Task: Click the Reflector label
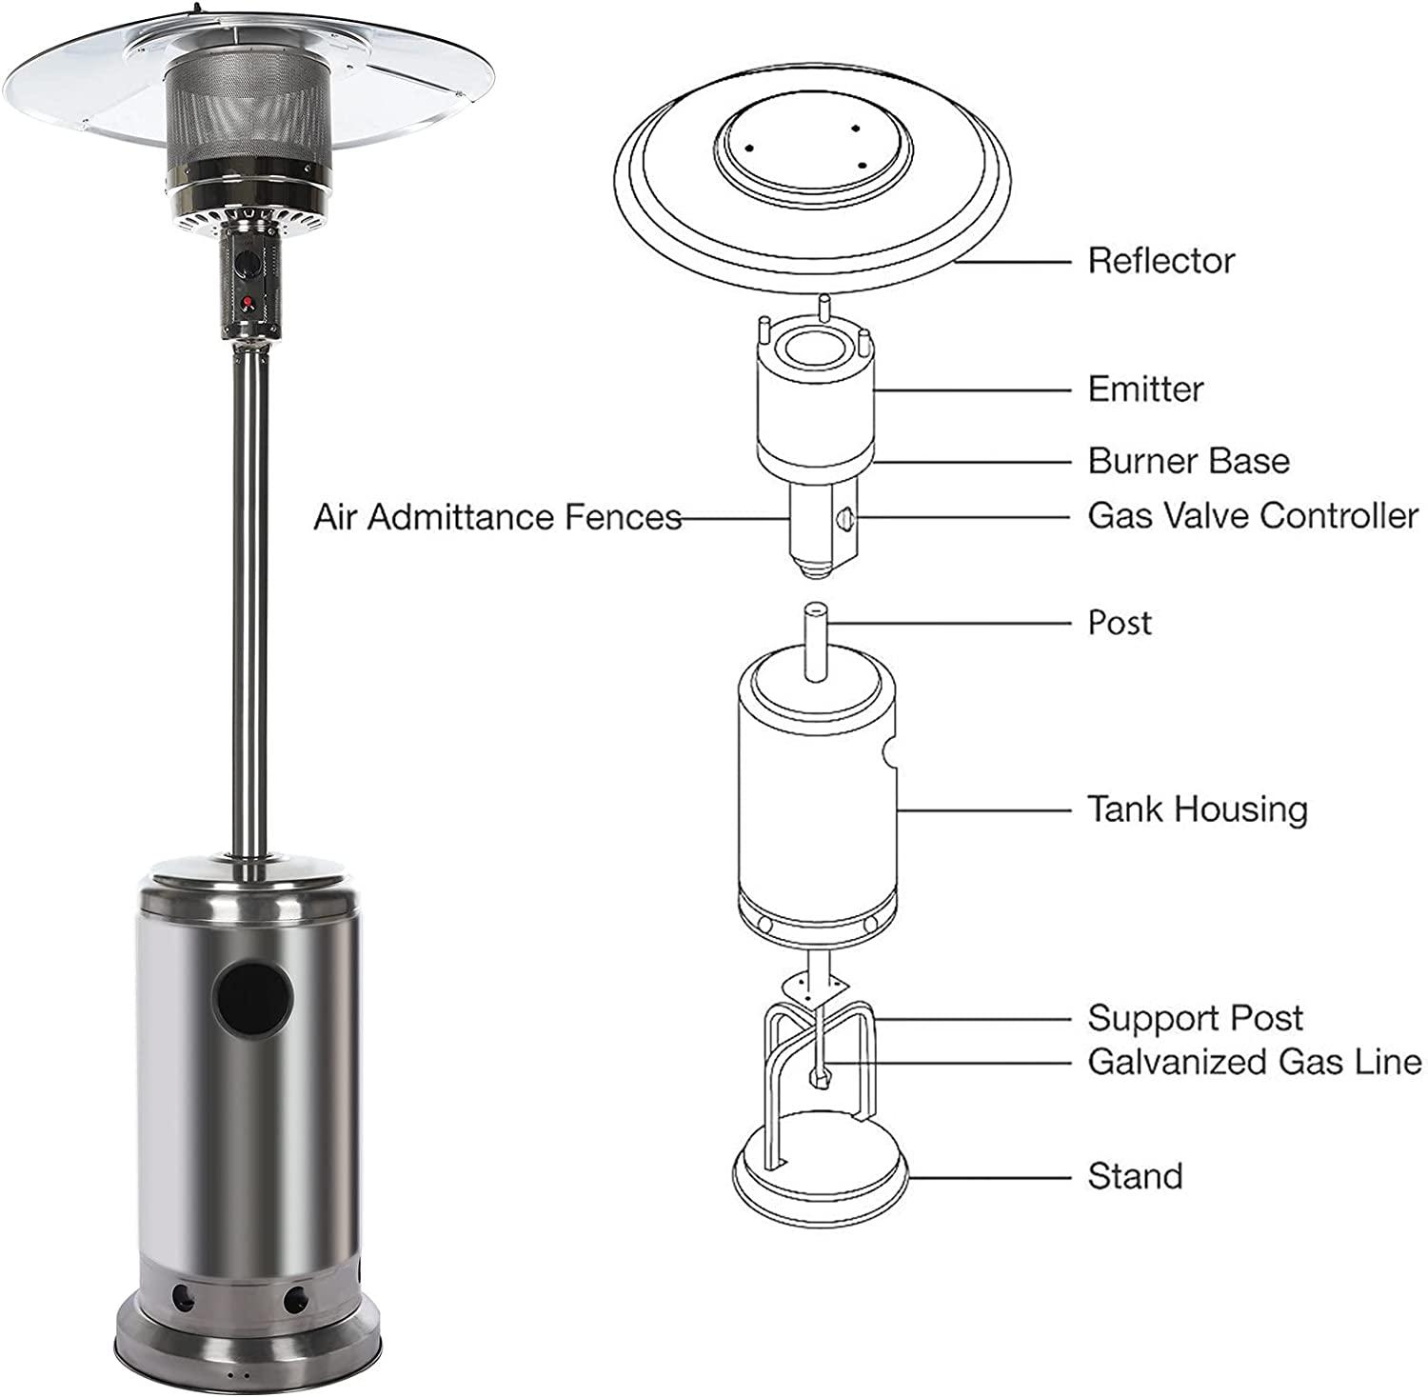coord(1160,260)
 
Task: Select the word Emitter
coord(1145,389)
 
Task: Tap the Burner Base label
coord(1189,461)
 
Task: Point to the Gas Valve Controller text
coord(1253,516)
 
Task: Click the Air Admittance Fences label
coord(498,517)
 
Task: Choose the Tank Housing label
coord(1198,809)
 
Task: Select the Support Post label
coord(1195,1018)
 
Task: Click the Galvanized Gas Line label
coord(1255,1061)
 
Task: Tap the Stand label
coord(1135,1176)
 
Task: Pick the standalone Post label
coord(1120,623)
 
